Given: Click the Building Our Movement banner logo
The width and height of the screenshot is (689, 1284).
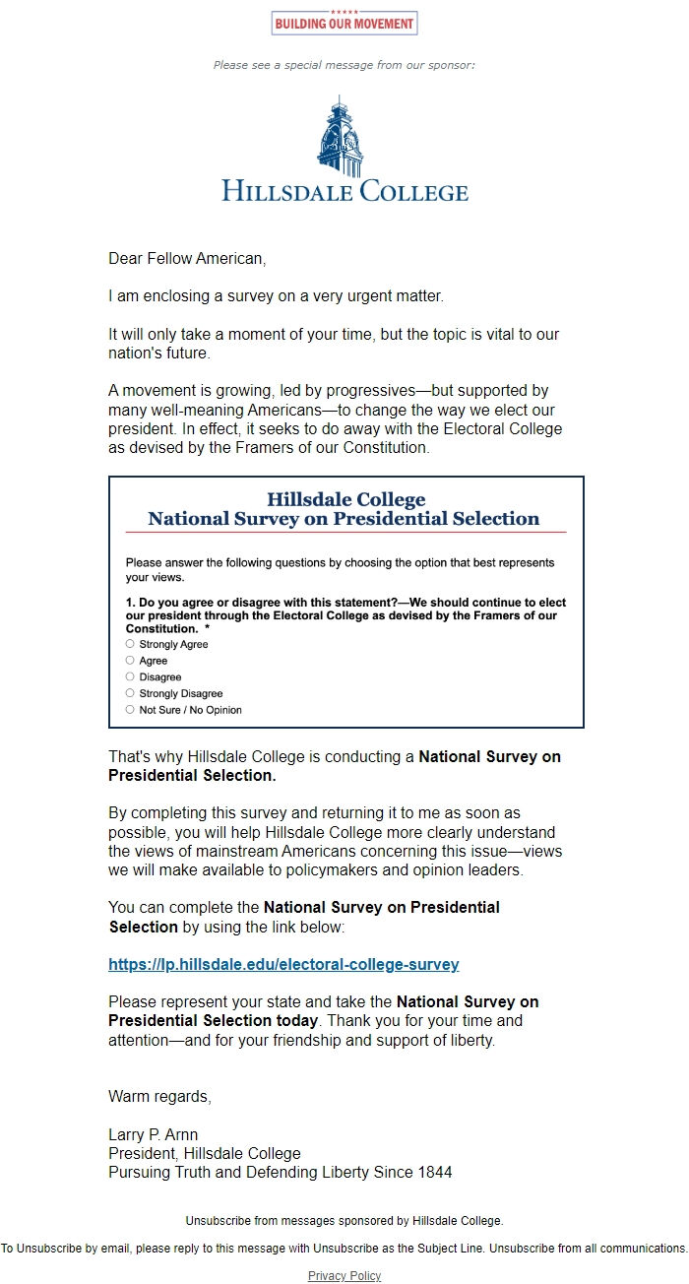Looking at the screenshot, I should tap(344, 23).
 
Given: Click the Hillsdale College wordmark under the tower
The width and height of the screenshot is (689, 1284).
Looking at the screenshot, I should tap(344, 190).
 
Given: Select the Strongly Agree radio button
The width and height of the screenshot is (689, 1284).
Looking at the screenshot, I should tap(130, 644).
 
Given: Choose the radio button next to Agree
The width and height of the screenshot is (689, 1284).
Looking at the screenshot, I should tap(130, 661).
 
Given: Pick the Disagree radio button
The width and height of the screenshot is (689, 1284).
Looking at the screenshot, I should tap(130, 676).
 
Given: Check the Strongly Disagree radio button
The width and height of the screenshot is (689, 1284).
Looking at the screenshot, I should tap(130, 693).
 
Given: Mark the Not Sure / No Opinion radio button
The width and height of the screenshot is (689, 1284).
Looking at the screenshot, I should tap(130, 709).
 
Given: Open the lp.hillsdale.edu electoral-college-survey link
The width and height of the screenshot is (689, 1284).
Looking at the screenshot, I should tap(283, 965).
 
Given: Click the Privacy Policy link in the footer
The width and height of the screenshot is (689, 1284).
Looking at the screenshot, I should tap(344, 1276).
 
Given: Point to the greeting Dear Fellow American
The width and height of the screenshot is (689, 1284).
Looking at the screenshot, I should tap(187, 259).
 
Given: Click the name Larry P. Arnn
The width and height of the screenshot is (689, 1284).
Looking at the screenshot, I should tap(153, 1135).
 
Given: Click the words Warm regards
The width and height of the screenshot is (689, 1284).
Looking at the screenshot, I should tap(159, 1096).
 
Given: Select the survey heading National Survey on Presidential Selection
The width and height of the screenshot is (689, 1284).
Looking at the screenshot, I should tap(344, 519).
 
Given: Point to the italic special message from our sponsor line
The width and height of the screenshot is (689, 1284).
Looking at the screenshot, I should tap(344, 65).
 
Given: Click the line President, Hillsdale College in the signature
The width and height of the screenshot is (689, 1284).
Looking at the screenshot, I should tap(205, 1153).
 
